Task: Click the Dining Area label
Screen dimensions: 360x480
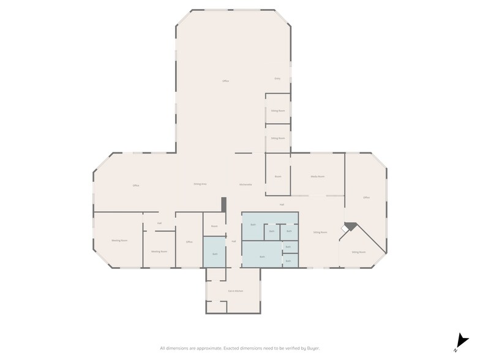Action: tap(200, 184)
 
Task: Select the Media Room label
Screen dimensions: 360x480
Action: tap(317, 176)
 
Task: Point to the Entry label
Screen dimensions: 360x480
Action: tap(277, 79)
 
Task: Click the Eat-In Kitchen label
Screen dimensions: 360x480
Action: tap(236, 290)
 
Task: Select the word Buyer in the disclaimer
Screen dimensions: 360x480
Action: tap(312, 348)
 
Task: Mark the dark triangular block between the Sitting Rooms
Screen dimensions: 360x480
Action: tap(350, 226)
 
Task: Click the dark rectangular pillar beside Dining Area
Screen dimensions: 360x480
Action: tap(224, 204)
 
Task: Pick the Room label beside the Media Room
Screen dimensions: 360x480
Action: tap(278, 176)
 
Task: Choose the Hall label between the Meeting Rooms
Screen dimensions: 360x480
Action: tap(159, 223)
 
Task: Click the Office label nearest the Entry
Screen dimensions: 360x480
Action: tap(225, 81)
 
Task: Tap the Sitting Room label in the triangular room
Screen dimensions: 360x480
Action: tap(358, 252)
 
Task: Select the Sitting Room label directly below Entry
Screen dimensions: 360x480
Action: tap(278, 111)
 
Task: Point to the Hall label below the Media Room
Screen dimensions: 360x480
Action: tap(282, 204)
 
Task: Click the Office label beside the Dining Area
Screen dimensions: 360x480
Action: tap(136, 186)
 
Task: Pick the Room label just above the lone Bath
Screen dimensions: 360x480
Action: tap(214, 227)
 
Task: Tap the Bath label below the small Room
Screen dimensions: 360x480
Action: tap(215, 254)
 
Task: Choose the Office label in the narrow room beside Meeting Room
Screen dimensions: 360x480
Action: tap(189, 242)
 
